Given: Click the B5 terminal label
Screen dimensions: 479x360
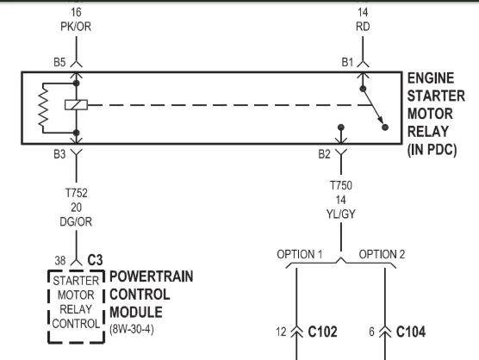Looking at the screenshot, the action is pos(59,62).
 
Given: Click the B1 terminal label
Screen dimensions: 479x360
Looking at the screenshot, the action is pos(347,62).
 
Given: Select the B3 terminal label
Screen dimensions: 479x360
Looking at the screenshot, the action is pos(59,154).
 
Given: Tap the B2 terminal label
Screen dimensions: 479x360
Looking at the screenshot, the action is pos(324,154).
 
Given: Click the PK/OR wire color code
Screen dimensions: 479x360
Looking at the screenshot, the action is pos(76,27).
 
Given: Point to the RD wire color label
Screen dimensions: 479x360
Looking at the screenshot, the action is pos(363,27).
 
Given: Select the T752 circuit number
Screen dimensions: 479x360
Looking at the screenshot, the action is pos(76,193).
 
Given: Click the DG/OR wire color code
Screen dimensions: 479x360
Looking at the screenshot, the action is pos(76,221).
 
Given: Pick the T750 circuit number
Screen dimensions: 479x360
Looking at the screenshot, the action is pos(341,185).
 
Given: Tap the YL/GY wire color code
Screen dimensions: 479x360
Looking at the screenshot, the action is pos(341,214).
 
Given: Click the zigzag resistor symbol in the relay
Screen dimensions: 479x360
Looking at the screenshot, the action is pos(43,105).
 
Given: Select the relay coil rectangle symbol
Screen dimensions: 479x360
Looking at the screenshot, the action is pos(76,105).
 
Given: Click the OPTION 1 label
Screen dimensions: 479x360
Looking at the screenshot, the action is pos(300,254).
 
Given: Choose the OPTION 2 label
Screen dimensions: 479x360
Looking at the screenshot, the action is pos(382,254).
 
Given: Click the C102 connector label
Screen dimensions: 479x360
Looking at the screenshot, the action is pos(322,332).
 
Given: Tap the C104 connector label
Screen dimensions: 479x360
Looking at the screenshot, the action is pos(411,332).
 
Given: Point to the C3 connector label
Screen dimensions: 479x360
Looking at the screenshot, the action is pos(95,260).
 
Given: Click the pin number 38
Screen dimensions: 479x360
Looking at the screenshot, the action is pos(60,260).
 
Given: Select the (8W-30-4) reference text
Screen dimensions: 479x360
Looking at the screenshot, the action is pos(132,329).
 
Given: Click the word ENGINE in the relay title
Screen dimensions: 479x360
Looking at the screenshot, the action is pos(431,78).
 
